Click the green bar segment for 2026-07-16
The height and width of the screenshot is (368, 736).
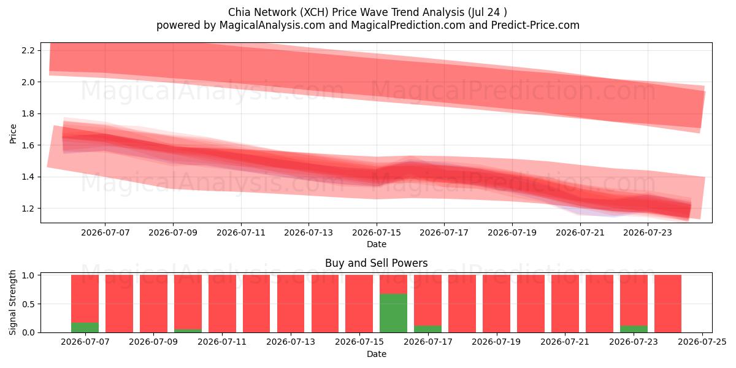tap(393, 313)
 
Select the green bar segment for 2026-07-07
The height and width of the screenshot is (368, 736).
tap(85, 328)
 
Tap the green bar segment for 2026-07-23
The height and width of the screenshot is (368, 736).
tap(634, 329)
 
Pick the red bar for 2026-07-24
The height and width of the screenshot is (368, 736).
tap(668, 304)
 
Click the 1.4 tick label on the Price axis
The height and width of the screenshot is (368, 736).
tap(28, 177)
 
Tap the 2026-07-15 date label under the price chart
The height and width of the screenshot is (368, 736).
tap(377, 232)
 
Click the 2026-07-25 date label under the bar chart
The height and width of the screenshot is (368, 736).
tap(702, 342)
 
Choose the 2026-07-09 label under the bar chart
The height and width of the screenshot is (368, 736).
tap(153, 342)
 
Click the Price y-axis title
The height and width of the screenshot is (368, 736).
tap(13, 134)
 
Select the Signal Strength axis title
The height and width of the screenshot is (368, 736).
tap(12, 302)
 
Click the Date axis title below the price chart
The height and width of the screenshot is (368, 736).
tap(377, 244)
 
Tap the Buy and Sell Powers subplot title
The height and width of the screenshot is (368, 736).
tap(377, 263)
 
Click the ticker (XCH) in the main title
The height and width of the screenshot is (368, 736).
tap(314, 12)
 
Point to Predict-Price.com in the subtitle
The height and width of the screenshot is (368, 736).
tap(535, 25)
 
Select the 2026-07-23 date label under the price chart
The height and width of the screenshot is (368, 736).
tap(648, 232)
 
